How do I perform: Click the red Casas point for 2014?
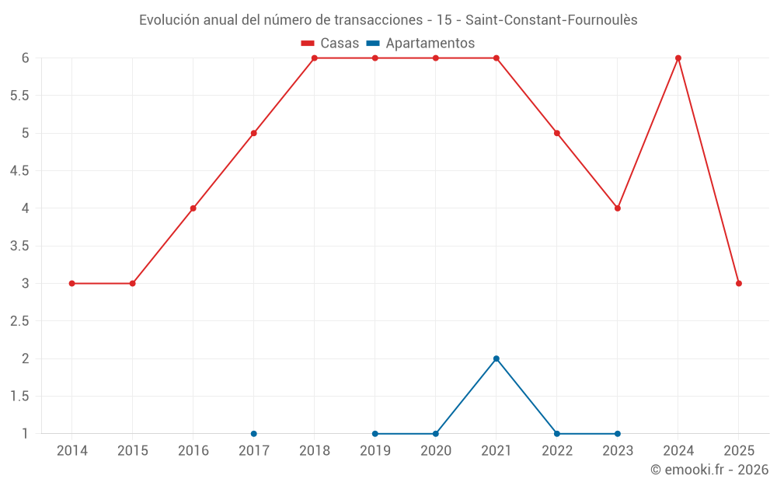click(x=72, y=283)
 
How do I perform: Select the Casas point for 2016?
click(x=193, y=208)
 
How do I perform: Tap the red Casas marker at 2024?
click(x=678, y=58)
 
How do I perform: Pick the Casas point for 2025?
click(x=739, y=283)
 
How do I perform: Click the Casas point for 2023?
click(x=618, y=208)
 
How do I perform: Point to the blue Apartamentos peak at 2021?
click(x=497, y=358)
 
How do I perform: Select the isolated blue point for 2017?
click(x=254, y=433)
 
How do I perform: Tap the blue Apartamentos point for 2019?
click(x=375, y=433)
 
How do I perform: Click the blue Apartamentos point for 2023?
click(x=618, y=433)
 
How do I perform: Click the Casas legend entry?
click(x=330, y=44)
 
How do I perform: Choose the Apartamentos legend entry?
click(x=420, y=44)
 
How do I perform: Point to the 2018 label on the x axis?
click(x=315, y=450)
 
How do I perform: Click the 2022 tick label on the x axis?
click(x=557, y=450)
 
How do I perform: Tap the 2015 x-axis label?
click(x=133, y=450)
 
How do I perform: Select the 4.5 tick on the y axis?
click(x=19, y=171)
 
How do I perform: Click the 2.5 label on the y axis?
click(x=19, y=321)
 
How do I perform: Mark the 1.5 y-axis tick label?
click(x=19, y=397)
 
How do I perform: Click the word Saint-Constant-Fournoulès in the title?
click(x=551, y=20)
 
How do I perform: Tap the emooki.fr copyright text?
click(x=709, y=470)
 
